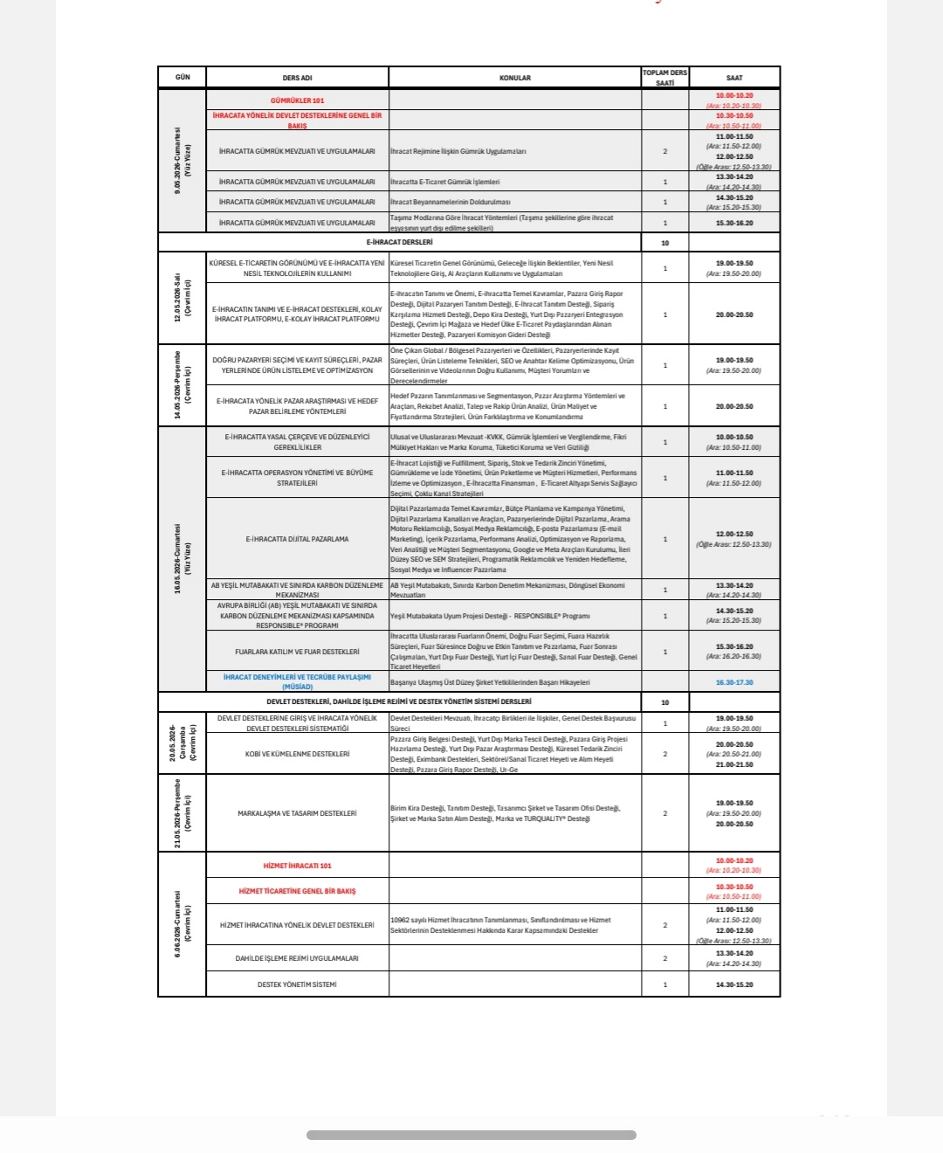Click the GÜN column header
click(x=182, y=78)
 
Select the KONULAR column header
click(x=515, y=78)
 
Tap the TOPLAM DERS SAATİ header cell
click(x=664, y=78)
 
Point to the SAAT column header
click(x=734, y=78)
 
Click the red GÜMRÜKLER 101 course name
click(x=297, y=100)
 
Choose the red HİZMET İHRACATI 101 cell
click(x=297, y=866)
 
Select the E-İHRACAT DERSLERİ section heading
click(x=399, y=242)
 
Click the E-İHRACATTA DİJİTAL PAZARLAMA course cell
click(x=297, y=539)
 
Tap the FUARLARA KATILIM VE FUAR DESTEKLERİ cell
click(x=297, y=652)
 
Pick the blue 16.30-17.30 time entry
click(x=734, y=682)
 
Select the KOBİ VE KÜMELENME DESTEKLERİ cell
click(x=297, y=754)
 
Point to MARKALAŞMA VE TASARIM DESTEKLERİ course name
click(x=297, y=813)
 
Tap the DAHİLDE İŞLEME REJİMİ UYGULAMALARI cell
click(x=297, y=958)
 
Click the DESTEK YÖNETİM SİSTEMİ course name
click(x=297, y=984)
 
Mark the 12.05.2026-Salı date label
click(x=182, y=298)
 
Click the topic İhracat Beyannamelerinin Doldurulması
click(x=451, y=202)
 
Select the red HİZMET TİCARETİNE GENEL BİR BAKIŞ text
click(x=297, y=891)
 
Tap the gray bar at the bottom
click(x=471, y=1136)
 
